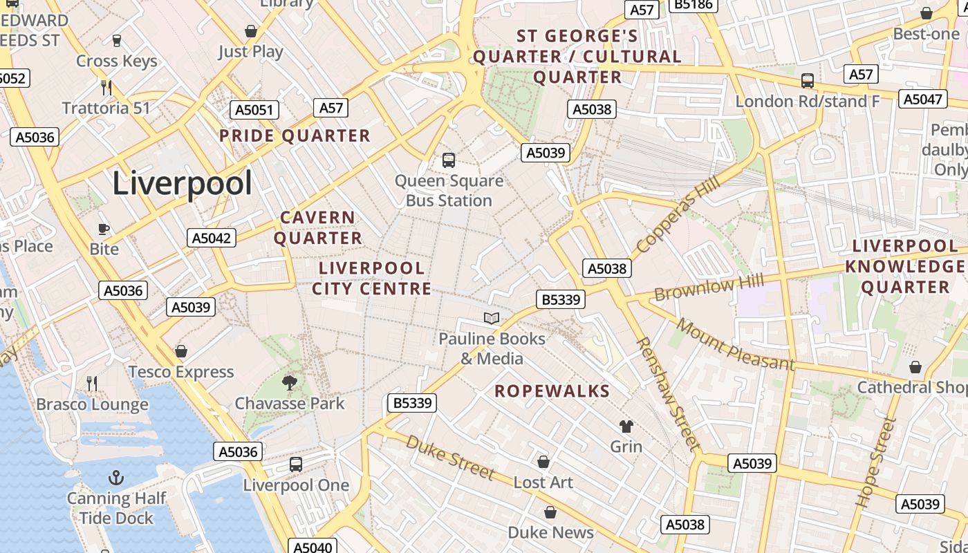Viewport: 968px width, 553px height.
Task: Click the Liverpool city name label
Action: tap(182, 183)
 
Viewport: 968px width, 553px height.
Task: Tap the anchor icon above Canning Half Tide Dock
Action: tap(117, 478)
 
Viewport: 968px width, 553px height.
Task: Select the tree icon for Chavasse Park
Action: tap(290, 382)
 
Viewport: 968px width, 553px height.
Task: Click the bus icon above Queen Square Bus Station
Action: tap(449, 160)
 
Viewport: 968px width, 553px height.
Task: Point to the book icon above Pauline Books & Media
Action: tap(492, 318)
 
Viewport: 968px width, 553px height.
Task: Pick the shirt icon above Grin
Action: tap(626, 426)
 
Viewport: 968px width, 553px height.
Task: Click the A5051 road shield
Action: tap(254, 110)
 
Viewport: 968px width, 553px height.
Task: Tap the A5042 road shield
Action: tap(212, 238)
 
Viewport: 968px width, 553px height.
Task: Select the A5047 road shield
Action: tap(923, 99)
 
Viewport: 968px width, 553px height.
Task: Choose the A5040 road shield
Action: tap(313, 547)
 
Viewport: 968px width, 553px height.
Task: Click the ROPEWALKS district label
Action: tap(552, 391)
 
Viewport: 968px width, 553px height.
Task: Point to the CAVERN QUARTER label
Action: tap(318, 228)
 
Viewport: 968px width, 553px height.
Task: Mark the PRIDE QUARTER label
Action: tap(295, 135)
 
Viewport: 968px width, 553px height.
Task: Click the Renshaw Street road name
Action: tap(668, 394)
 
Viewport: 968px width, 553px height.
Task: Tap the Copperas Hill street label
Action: tap(678, 214)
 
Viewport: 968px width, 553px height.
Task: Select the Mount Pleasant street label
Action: tap(736, 344)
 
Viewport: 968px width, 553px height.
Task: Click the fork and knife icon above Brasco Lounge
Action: tap(92, 384)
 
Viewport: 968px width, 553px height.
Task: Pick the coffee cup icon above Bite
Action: tap(104, 229)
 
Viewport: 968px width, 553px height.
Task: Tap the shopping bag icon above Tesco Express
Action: tap(181, 351)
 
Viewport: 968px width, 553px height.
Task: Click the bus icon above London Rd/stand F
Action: tap(807, 81)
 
